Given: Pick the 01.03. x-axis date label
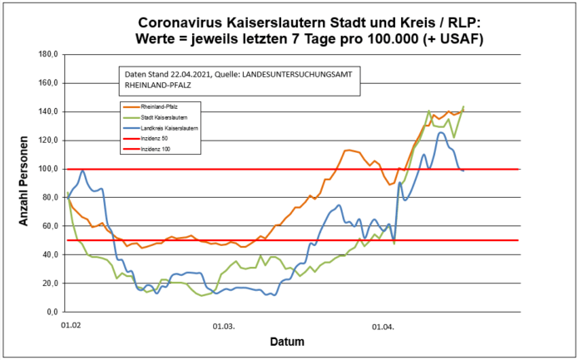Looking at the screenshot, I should (x=224, y=326).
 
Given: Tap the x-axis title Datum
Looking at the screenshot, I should (x=289, y=342).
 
